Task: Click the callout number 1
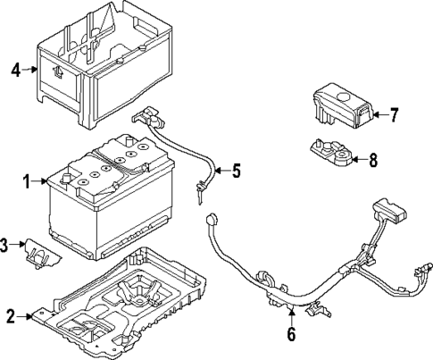pyautogui.click(x=27, y=181)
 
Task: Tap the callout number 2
pyautogui.click(x=11, y=316)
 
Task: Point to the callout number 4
pyautogui.click(x=16, y=70)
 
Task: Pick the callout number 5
pyautogui.click(x=237, y=171)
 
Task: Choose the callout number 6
pyautogui.click(x=291, y=334)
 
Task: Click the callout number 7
pyautogui.click(x=394, y=115)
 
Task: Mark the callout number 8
pyautogui.click(x=373, y=160)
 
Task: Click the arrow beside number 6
pyautogui.click(x=292, y=317)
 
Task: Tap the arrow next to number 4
pyautogui.click(x=29, y=70)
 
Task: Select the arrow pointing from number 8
pyautogui.click(x=360, y=160)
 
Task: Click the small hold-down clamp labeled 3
pyautogui.click(x=43, y=254)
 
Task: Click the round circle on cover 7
pyautogui.click(x=344, y=97)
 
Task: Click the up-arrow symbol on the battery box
pyautogui.click(x=57, y=72)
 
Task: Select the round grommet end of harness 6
pyautogui.click(x=211, y=220)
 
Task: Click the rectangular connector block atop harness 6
pyautogui.click(x=389, y=210)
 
